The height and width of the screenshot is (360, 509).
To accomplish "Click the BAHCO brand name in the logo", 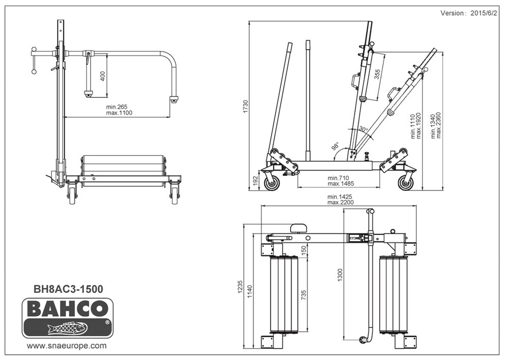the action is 68,308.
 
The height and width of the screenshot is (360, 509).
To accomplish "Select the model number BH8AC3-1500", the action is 68,289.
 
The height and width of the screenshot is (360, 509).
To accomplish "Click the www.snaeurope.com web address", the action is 66,346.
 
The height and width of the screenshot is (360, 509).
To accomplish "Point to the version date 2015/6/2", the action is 484,13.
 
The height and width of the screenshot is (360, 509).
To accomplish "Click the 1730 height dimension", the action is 246,106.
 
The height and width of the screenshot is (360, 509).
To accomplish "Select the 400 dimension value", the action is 103,76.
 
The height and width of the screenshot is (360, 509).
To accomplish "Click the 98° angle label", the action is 335,147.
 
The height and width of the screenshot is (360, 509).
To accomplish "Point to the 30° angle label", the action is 363,129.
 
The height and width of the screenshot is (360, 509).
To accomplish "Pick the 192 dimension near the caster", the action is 255,181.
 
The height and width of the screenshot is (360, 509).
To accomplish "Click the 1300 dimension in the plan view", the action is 340,275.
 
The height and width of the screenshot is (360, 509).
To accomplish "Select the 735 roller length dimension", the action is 304,295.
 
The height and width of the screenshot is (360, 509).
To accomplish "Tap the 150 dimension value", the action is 304,251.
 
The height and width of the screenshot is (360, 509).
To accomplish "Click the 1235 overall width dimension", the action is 241,287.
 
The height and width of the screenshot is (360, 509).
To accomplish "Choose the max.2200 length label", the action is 341,202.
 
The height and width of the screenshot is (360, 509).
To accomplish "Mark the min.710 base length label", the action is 338,178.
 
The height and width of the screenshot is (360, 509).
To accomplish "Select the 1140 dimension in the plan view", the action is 249,292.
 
